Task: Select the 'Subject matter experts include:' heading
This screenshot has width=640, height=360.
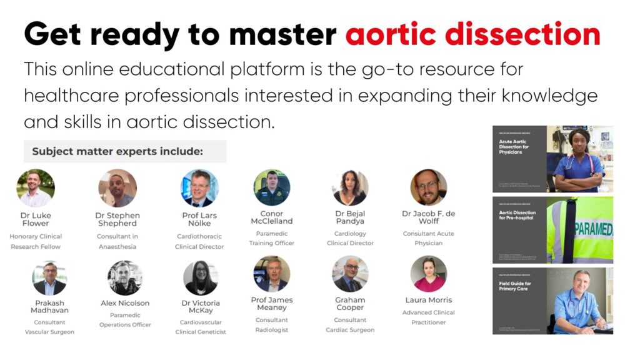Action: [117, 151]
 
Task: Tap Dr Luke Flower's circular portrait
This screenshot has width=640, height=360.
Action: [36, 188]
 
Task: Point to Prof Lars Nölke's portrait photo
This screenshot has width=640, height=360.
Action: [199, 188]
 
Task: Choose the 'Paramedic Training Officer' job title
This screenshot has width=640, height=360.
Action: [272, 238]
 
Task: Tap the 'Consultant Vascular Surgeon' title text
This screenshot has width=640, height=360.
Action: [50, 327]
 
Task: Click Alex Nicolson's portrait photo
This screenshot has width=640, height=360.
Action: [125, 278]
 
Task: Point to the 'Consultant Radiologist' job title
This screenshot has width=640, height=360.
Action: [272, 325]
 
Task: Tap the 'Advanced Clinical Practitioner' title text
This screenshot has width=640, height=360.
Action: [429, 317]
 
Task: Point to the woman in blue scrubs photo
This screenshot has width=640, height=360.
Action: [579, 159]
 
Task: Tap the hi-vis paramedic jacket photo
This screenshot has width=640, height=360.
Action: [579, 229]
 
